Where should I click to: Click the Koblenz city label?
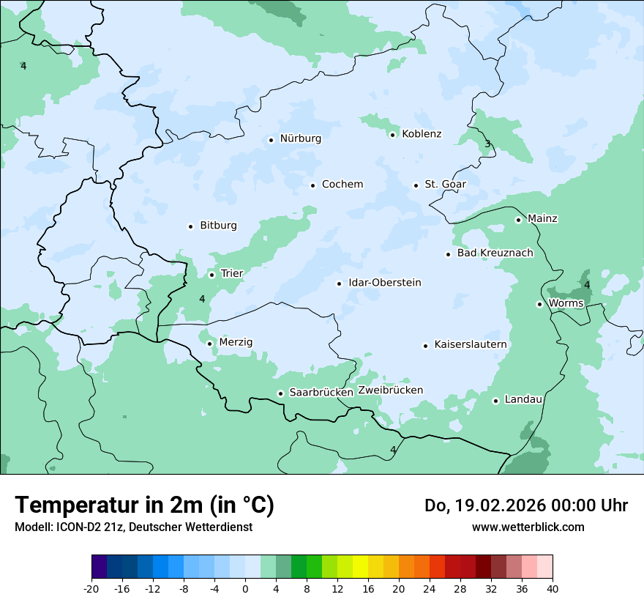(x=422, y=134)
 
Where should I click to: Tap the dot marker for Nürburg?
(x=271, y=139)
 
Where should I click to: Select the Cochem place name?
(x=342, y=185)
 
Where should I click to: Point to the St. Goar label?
(x=445, y=185)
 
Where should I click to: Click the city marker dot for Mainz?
(x=518, y=220)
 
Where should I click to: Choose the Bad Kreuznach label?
(x=495, y=253)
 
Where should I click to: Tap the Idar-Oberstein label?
(x=384, y=283)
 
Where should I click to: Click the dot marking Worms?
(x=539, y=304)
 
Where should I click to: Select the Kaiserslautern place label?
(x=470, y=344)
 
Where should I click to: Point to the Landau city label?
(x=523, y=400)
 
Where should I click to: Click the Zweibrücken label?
(x=390, y=390)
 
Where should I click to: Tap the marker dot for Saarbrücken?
(x=280, y=393)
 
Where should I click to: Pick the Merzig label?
(x=236, y=343)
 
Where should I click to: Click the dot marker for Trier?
(x=211, y=275)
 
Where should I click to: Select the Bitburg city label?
(x=218, y=226)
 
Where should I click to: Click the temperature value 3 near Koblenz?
(x=487, y=144)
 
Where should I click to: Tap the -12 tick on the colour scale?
(x=152, y=589)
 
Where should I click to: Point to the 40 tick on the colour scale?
(x=553, y=589)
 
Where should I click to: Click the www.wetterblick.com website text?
(x=528, y=527)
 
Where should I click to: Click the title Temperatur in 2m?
(x=145, y=505)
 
